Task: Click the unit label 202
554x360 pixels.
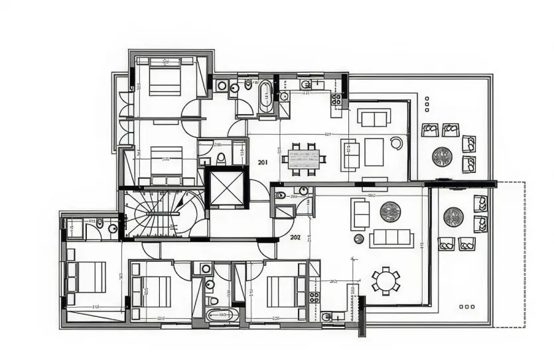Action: [295, 237]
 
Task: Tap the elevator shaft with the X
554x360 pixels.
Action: [226, 188]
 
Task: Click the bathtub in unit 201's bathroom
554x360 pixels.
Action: [265, 97]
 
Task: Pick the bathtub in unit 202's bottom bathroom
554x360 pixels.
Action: [219, 315]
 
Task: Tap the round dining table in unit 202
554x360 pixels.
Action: [385, 280]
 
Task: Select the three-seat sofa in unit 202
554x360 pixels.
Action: [391, 238]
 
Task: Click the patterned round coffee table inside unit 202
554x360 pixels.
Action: [390, 212]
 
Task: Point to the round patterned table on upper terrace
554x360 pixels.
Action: [442, 156]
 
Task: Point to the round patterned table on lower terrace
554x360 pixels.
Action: [453, 217]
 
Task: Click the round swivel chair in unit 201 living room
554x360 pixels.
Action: [396, 143]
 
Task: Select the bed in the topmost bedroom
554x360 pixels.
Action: [165, 78]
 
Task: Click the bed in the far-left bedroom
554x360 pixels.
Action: [86, 277]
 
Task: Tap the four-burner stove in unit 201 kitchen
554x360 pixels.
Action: [336, 100]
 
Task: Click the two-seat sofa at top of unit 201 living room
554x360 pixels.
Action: [374, 118]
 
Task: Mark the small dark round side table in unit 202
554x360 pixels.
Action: [359, 239]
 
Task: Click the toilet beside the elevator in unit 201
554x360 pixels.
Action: [221, 158]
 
